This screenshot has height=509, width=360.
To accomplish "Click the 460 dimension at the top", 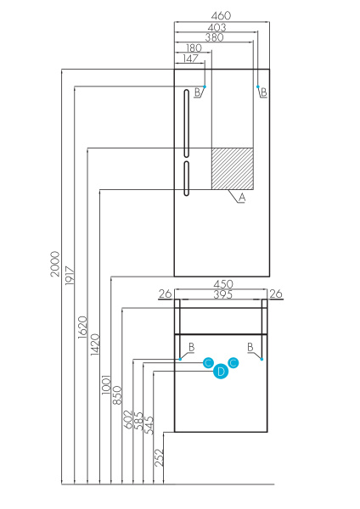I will pyautogui.click(x=222, y=15).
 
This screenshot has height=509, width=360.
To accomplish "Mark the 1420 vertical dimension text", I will pyautogui.click(x=94, y=344).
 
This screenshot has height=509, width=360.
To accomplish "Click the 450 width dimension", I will pyautogui.click(x=222, y=284).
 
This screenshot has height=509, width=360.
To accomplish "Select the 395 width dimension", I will pyautogui.click(x=222, y=294).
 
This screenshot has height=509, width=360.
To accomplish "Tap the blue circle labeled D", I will pyautogui.click(x=220, y=371).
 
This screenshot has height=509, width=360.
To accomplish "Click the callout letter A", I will pyautogui.click(x=241, y=197).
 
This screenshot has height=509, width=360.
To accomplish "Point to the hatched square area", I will pyautogui.click(x=232, y=169).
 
